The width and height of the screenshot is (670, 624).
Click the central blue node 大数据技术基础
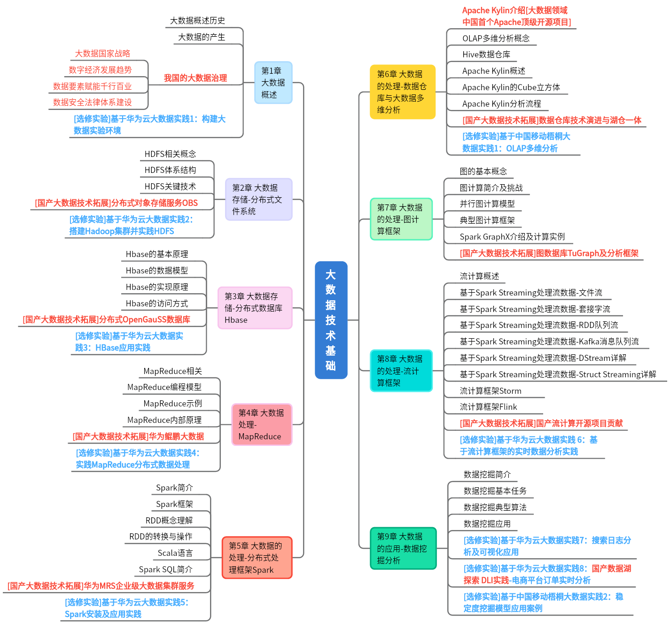click(331, 320)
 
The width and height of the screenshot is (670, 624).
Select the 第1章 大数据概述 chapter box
click(273, 83)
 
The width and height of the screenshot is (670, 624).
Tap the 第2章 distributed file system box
click(258, 199)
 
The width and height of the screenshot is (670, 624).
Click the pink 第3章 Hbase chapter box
click(255, 308)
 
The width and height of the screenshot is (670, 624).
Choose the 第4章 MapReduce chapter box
click(262, 424)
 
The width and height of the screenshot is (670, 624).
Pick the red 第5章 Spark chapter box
click(257, 557)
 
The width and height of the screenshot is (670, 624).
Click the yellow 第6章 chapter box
click(402, 92)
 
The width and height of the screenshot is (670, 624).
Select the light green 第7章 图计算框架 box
click(401, 219)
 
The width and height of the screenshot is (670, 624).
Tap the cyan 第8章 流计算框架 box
click(401, 371)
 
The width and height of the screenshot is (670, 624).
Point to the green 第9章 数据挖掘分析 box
click(403, 548)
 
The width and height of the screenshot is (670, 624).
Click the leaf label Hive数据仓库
click(486, 55)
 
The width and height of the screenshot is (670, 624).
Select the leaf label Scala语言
click(175, 553)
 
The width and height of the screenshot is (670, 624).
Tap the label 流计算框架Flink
click(488, 407)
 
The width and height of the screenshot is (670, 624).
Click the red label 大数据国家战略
click(102, 54)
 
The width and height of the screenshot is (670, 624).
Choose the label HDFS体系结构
click(170, 170)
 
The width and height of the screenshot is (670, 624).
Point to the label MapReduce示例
click(172, 404)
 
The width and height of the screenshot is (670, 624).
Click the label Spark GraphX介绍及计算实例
click(512, 237)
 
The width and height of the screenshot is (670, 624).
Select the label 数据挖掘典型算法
click(495, 507)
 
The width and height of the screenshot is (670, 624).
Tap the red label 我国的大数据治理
click(195, 78)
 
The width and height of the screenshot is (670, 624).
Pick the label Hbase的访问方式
click(156, 304)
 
